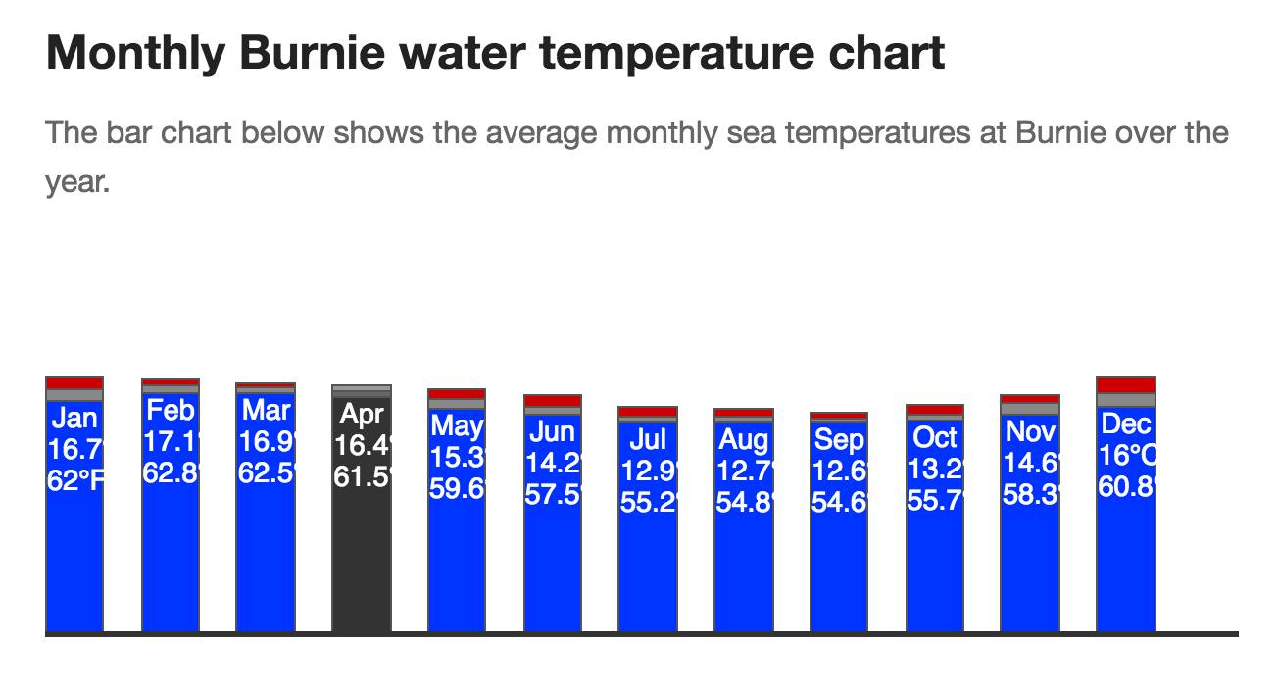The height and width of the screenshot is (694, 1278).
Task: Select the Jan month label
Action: [x=74, y=419]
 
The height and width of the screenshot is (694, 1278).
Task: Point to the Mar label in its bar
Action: [x=266, y=410]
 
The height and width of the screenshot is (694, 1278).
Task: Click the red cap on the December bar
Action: [x=1126, y=384]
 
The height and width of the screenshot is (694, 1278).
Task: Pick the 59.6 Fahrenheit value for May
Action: [x=457, y=487]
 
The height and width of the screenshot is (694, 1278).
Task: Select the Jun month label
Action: [x=553, y=431]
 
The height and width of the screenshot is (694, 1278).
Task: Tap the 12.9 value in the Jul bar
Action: [x=648, y=471]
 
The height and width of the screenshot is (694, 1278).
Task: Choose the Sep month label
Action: [x=839, y=439]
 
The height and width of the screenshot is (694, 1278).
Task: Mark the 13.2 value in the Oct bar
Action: [x=935, y=469]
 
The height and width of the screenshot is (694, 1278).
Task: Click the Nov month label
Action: [x=1030, y=430]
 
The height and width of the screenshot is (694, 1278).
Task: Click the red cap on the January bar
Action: [x=74, y=382]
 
